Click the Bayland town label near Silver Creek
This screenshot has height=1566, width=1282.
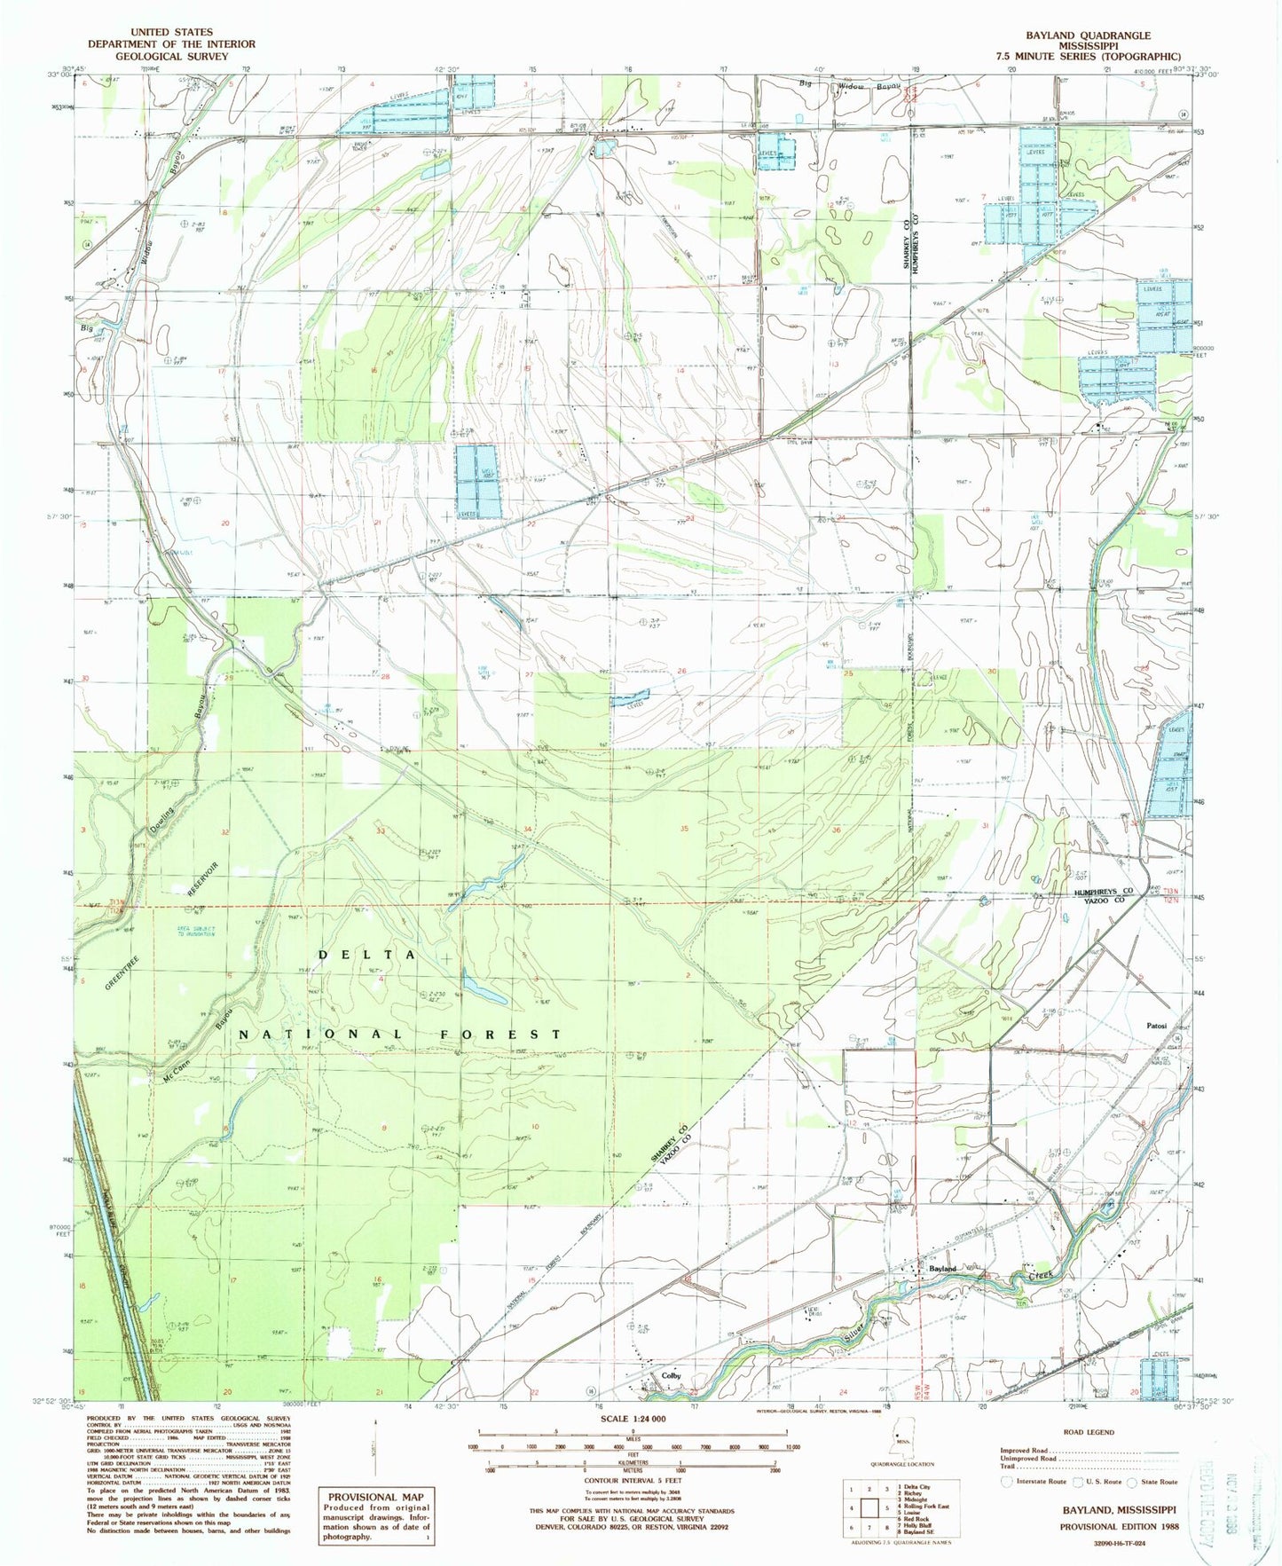pyautogui.click(x=942, y=1269)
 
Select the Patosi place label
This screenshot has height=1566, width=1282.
pyautogui.click(x=1156, y=1026)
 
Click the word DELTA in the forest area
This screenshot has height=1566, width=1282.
pyautogui.click(x=366, y=954)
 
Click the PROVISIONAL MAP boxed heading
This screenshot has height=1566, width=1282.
pyautogui.click(x=376, y=1496)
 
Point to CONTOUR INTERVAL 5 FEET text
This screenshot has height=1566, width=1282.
pyautogui.click(x=633, y=1481)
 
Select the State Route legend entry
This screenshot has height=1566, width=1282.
pyautogui.click(x=1158, y=1482)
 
